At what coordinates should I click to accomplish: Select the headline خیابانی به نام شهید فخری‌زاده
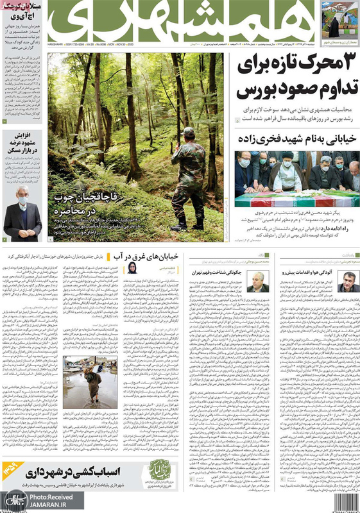tap(301, 137)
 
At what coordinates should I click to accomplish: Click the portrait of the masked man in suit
tap(21, 215)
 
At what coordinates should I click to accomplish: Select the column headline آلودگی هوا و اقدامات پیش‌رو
tap(314, 272)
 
